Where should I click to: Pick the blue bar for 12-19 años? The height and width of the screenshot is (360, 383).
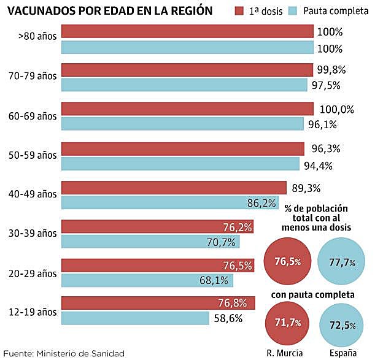(135, 318)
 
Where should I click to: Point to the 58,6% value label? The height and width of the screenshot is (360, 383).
(228, 318)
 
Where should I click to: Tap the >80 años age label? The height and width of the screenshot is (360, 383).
(39, 37)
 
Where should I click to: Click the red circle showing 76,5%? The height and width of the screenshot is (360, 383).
(287, 262)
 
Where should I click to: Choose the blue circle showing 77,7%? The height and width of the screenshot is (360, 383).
(342, 262)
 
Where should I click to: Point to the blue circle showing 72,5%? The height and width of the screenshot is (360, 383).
(342, 323)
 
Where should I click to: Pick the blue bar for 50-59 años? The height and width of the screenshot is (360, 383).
(180, 164)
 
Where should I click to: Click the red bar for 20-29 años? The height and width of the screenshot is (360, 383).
(158, 266)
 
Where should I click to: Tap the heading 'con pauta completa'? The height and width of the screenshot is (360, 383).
(313, 295)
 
